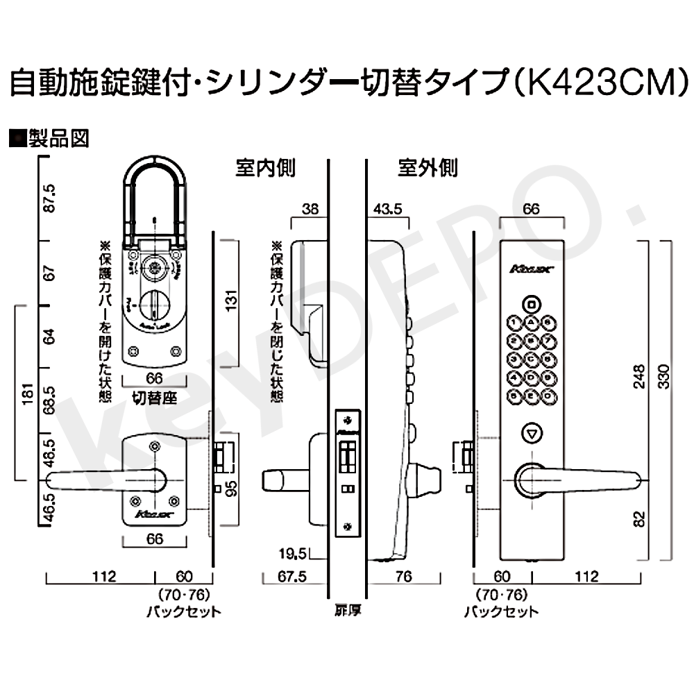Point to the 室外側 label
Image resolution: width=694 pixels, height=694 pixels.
pyautogui.click(x=428, y=168)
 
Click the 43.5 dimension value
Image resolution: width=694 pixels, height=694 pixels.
pyautogui.click(x=388, y=209)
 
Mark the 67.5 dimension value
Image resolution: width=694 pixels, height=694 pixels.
pyautogui.click(x=285, y=575)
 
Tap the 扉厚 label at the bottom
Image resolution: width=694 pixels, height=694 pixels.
pyautogui.click(x=346, y=611)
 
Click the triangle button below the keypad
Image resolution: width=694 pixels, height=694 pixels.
pyautogui.click(x=532, y=434)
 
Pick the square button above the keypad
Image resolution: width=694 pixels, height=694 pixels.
pyautogui.click(x=531, y=304)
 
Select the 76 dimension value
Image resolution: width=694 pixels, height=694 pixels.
pyautogui.click(x=405, y=575)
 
